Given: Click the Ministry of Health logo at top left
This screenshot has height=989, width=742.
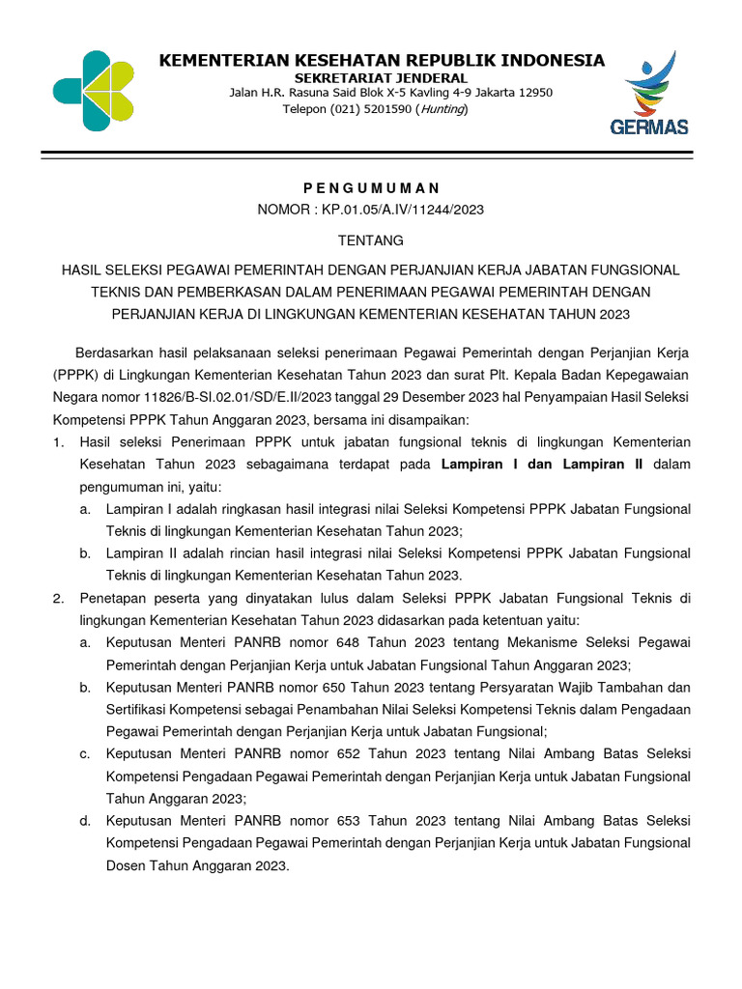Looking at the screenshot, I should (x=93, y=91).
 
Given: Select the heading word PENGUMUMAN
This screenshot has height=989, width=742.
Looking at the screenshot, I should (x=371, y=187).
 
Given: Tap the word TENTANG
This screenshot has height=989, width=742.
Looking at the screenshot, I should (x=371, y=240).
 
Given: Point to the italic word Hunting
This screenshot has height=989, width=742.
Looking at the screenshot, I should (x=442, y=109).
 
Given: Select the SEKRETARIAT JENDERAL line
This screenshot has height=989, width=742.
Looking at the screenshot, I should (x=381, y=77).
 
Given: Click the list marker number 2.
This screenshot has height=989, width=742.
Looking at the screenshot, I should (x=58, y=598).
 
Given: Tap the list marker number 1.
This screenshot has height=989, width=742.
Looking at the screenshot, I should (x=58, y=441).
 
